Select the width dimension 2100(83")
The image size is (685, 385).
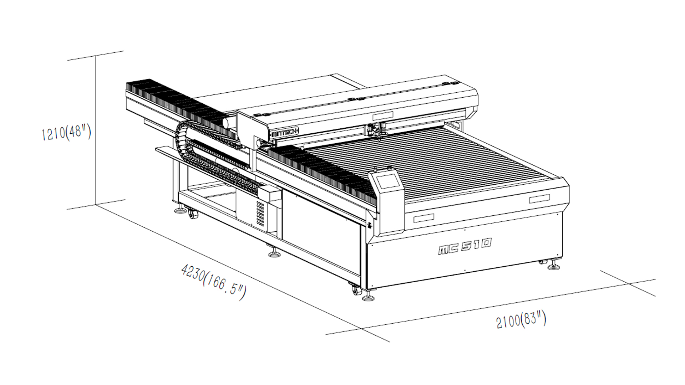click(521, 319)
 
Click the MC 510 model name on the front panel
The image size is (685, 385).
click(465, 246)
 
